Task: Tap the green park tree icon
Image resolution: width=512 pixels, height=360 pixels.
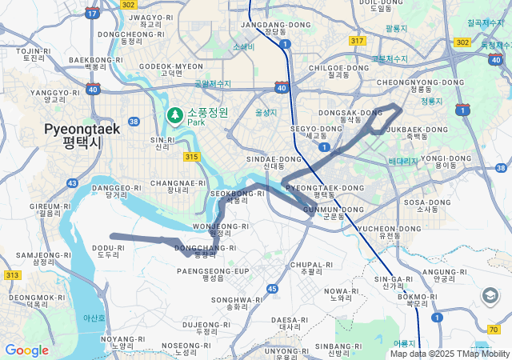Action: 174,117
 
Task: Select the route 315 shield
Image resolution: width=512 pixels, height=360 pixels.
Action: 190,157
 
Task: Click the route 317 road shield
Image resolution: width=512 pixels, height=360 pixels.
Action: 358,41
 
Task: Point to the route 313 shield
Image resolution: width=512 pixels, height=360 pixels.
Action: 12,274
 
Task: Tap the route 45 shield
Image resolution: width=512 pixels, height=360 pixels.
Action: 272,288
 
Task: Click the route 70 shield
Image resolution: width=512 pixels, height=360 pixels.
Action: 493,328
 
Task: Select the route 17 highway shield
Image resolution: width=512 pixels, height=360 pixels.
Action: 93,13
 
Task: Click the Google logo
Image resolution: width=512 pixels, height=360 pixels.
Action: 26,350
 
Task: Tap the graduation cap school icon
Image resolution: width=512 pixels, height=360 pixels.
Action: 490,297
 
